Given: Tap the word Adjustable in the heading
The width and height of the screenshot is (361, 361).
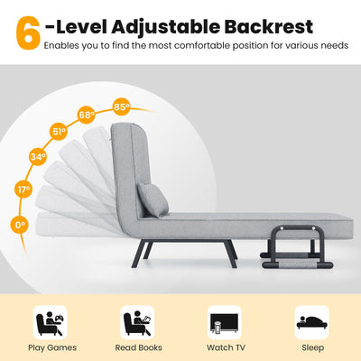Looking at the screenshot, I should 162,25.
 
